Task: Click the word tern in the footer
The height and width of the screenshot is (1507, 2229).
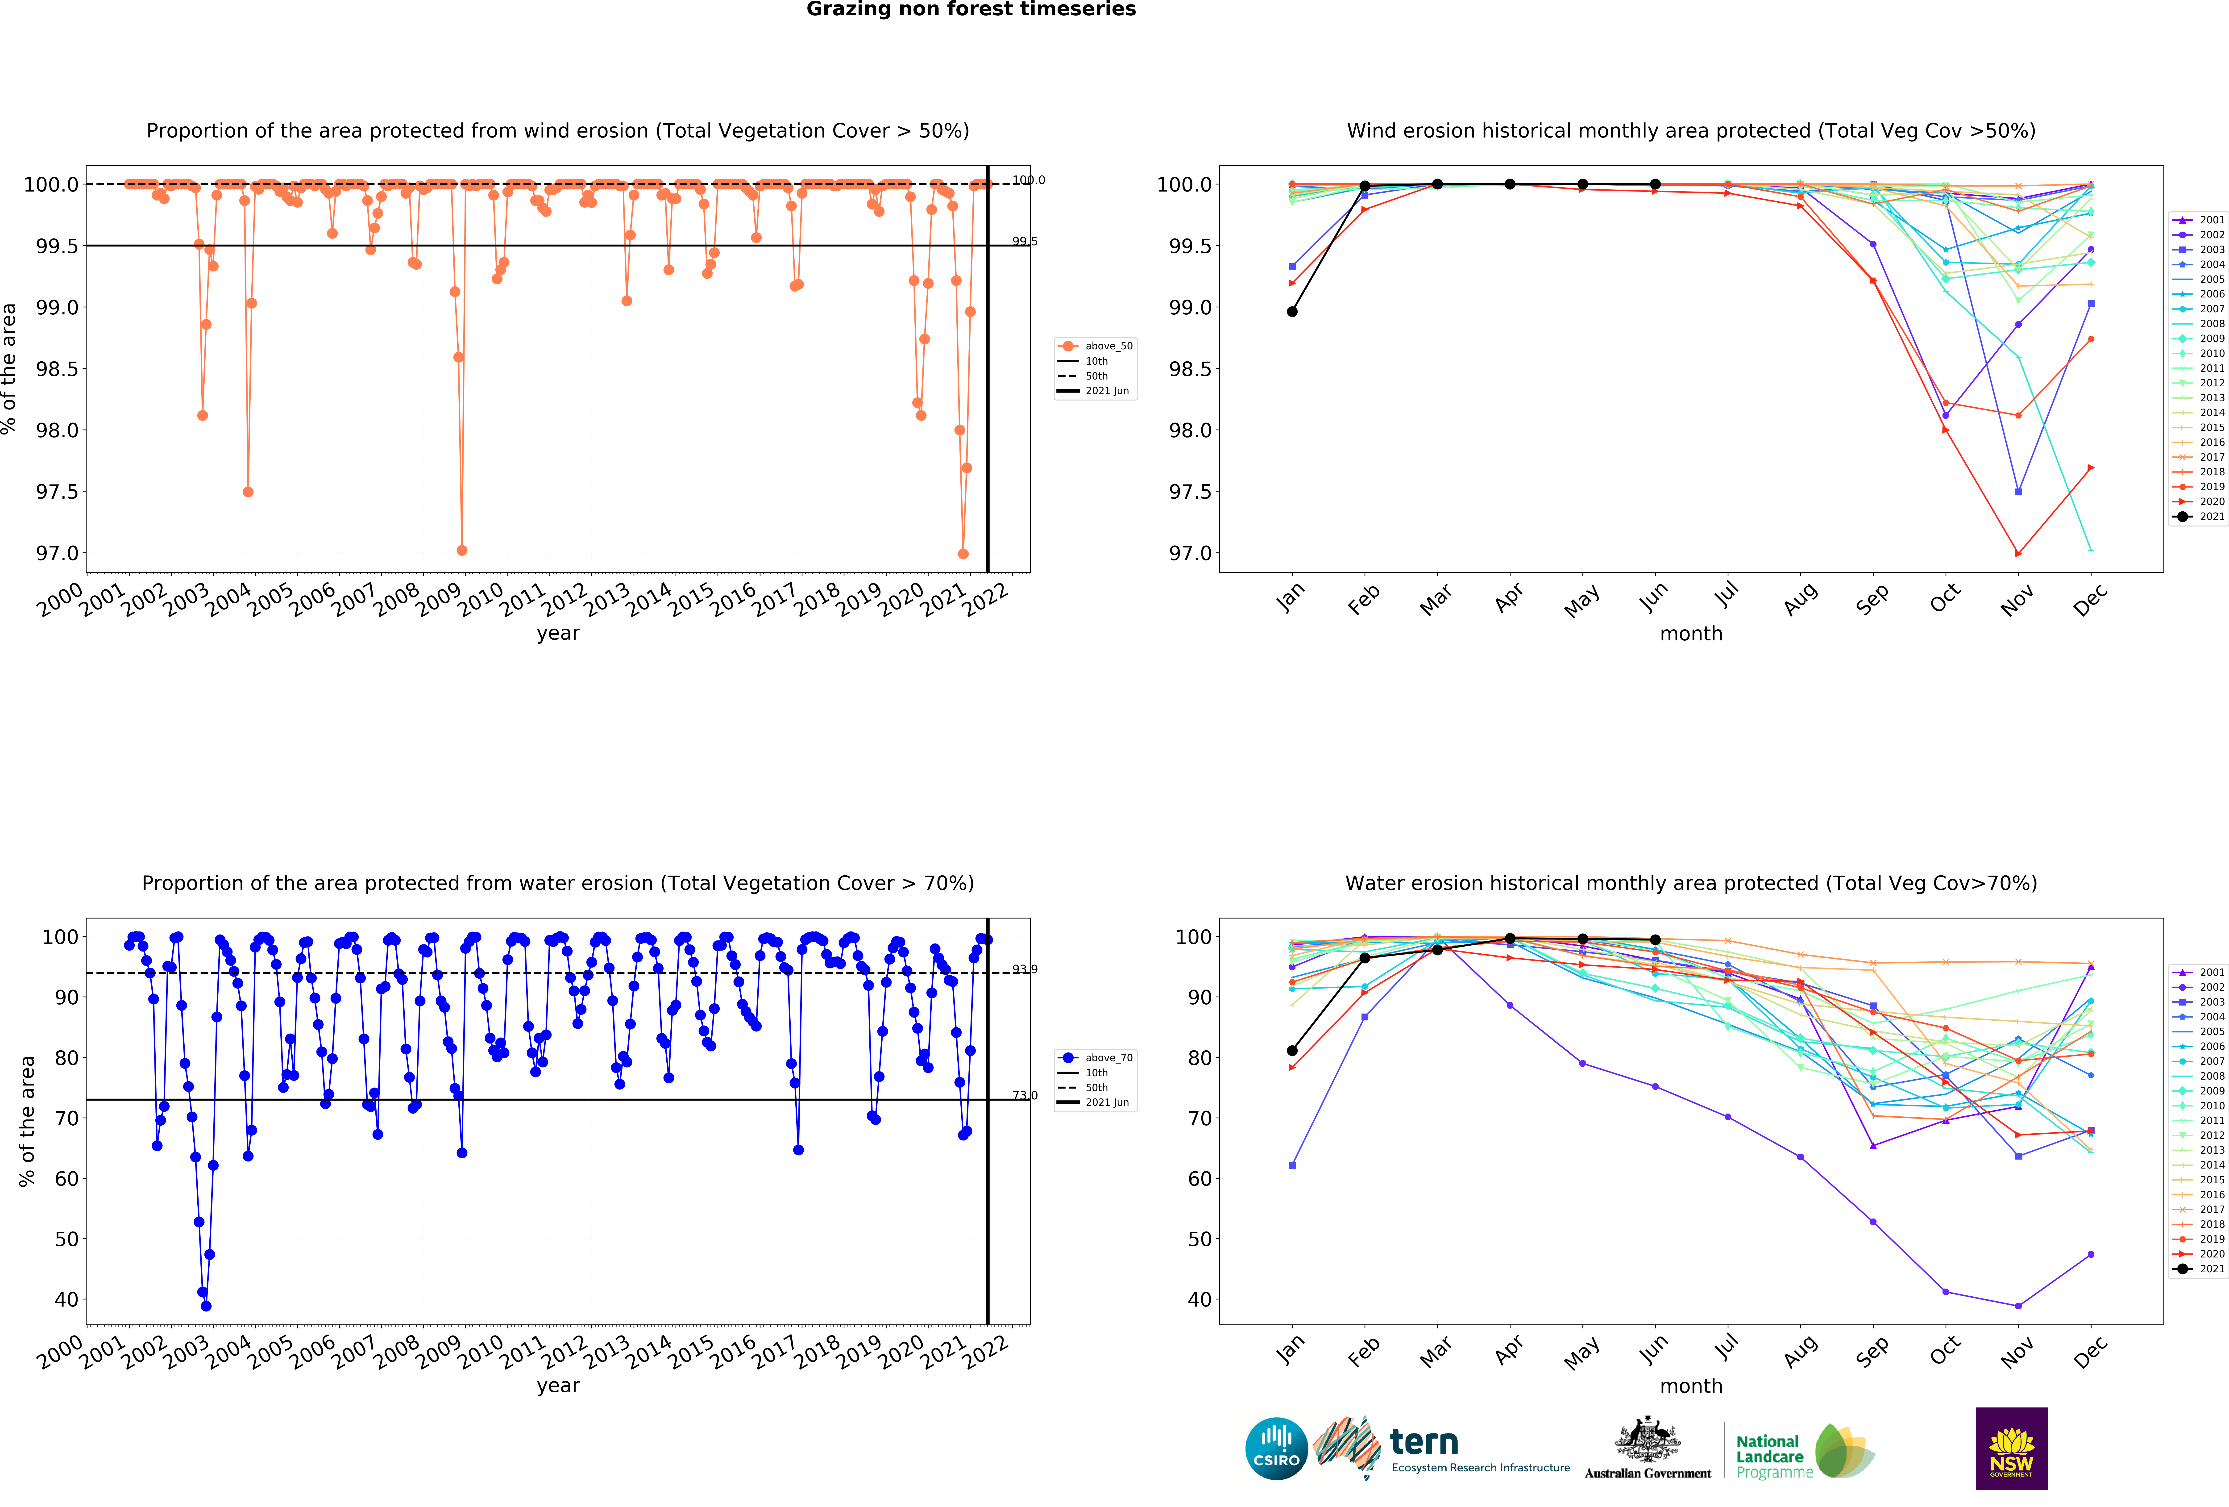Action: point(1424,1442)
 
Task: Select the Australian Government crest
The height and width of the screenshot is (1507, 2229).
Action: point(1647,1439)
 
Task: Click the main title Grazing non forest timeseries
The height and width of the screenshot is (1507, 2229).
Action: point(971,10)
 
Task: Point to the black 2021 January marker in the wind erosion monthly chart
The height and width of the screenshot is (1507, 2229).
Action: point(1292,312)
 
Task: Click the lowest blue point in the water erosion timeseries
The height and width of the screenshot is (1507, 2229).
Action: point(206,1306)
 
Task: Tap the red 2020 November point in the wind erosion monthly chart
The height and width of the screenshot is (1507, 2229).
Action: point(2018,554)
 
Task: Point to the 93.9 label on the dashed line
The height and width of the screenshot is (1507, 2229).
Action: point(1024,969)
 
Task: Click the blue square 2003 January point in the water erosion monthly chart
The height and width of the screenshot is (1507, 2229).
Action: point(1292,1165)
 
